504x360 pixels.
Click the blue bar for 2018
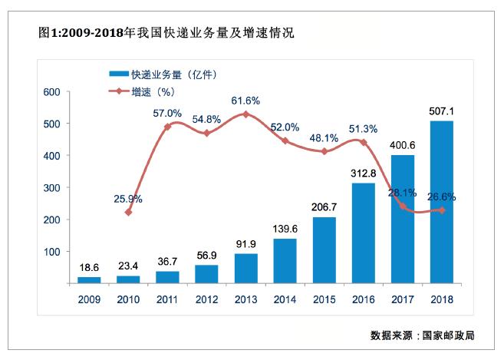click(x=441, y=203)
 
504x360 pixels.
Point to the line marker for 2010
click(x=128, y=212)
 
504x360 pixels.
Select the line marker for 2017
click(x=402, y=206)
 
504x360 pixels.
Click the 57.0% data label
click(x=167, y=113)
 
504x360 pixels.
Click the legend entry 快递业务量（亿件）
click(x=165, y=74)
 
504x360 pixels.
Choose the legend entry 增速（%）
click(x=146, y=91)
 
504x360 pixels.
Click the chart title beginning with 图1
click(x=166, y=34)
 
